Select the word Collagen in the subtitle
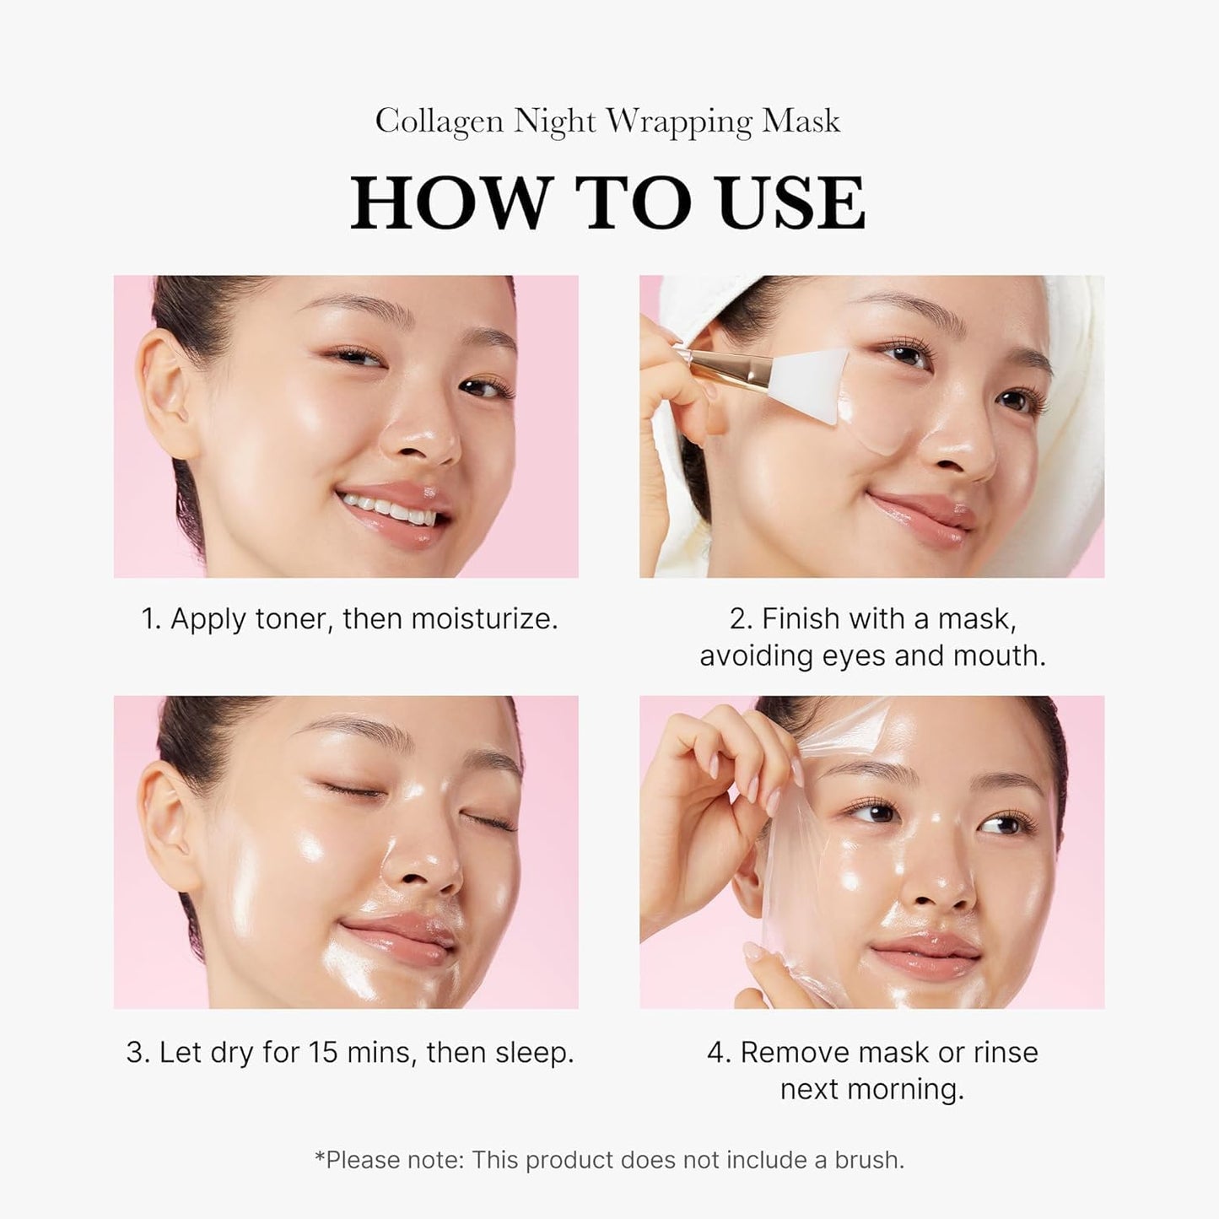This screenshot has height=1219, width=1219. pyautogui.click(x=440, y=121)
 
